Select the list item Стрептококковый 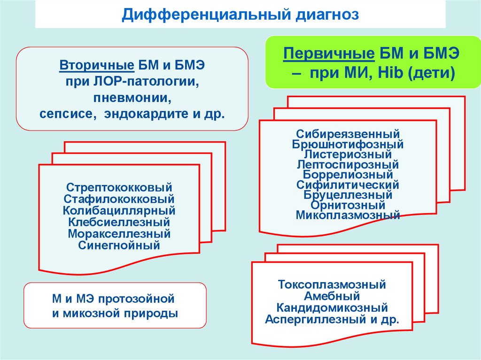coord(119,188)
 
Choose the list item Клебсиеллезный coord(119,222)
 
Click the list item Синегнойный coord(119,245)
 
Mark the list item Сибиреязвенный coord(348,135)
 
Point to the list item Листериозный coord(348,154)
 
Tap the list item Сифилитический coord(348,185)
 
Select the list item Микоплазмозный coord(348,215)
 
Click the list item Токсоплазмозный coord(332,284)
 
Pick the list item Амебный coord(332,296)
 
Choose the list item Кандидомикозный coord(332,308)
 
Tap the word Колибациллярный coord(119,210)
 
